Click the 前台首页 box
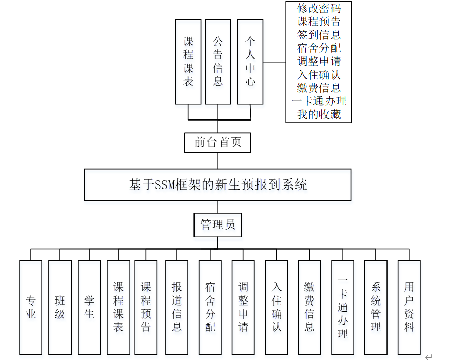(218, 142)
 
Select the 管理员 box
(218, 225)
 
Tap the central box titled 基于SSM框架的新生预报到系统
(218, 185)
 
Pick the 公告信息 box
(218, 62)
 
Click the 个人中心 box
(250, 62)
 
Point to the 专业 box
(31, 307)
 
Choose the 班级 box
(60, 307)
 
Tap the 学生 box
(89, 307)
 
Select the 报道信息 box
(177, 307)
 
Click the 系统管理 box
(376, 307)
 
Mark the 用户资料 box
(409, 307)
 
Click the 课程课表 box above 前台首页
(188, 62)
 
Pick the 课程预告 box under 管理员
(146, 307)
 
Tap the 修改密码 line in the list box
(319, 9)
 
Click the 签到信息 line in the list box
(319, 35)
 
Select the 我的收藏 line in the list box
(319, 114)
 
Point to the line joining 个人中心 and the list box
(274, 62)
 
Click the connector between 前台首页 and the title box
(218, 161)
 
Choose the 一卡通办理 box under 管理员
(343, 307)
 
